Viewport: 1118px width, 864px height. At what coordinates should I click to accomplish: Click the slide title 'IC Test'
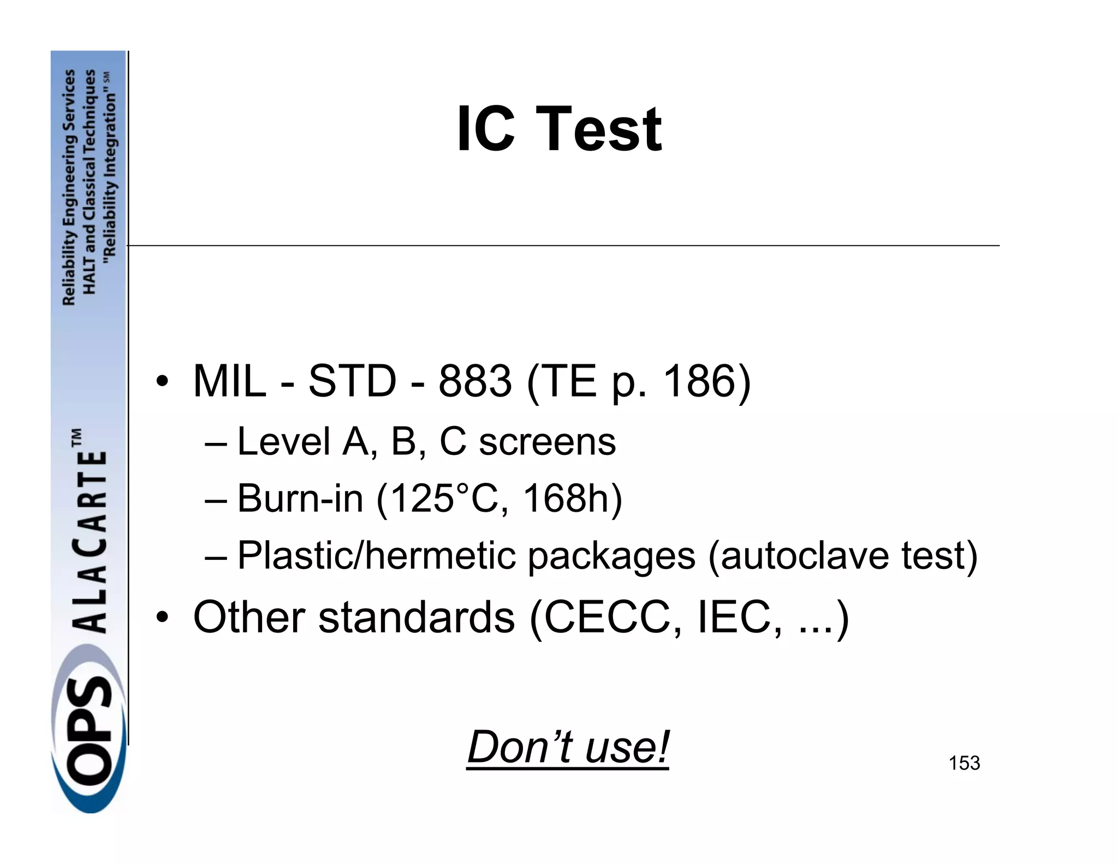(559, 129)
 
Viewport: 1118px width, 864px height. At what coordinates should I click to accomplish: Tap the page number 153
(964, 763)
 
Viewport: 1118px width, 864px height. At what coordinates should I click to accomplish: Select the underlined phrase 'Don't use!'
(568, 747)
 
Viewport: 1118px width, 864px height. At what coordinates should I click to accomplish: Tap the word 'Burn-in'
(300, 498)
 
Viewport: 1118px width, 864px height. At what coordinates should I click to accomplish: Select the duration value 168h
(566, 498)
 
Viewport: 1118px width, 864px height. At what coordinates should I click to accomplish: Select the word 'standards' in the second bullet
(417, 617)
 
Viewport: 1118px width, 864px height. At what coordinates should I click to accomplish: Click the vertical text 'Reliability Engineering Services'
(69, 187)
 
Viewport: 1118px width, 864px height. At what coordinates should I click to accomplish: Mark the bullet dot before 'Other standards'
(162, 617)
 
